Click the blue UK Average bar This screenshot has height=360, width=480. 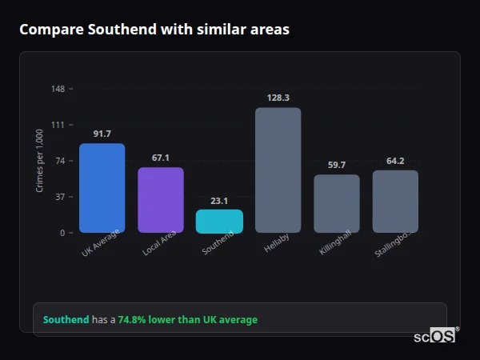click(102, 188)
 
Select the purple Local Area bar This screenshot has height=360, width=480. click(161, 200)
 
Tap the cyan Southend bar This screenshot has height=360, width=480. click(219, 222)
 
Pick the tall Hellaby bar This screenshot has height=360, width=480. click(278, 170)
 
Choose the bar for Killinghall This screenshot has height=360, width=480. click(337, 204)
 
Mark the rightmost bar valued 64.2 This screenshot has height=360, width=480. click(395, 202)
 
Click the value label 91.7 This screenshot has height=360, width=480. click(102, 134)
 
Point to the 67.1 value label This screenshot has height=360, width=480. click(161, 158)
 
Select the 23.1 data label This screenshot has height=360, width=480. click(219, 201)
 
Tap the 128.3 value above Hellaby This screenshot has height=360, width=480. click(278, 98)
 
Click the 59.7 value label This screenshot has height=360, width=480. click(337, 165)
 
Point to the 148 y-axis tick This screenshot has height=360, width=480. click(58, 89)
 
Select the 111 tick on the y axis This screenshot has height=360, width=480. click(58, 125)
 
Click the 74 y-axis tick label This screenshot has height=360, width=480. click(60, 161)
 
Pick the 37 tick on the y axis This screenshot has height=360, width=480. click(60, 197)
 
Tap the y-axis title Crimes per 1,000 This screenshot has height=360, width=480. click(40, 161)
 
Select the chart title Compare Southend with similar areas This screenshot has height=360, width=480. click(154, 30)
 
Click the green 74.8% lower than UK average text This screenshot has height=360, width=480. click(188, 320)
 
